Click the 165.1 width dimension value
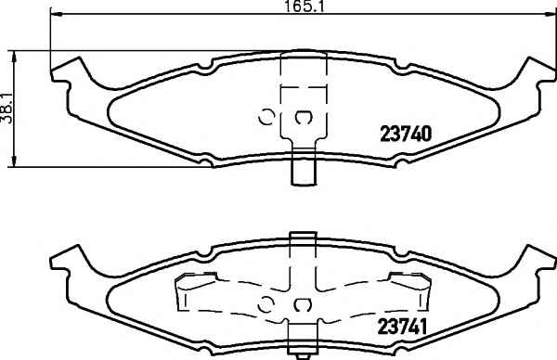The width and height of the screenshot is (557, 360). (305, 6)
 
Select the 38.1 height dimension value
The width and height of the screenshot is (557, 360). (6, 109)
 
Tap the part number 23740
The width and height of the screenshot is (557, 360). (406, 134)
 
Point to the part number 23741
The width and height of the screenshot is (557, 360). (402, 327)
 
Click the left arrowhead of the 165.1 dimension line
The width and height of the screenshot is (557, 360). (56, 15)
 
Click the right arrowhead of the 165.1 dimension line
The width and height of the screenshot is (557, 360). (549, 15)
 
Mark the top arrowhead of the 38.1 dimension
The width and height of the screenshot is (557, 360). (14, 57)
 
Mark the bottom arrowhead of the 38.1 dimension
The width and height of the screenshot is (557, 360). (14, 161)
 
